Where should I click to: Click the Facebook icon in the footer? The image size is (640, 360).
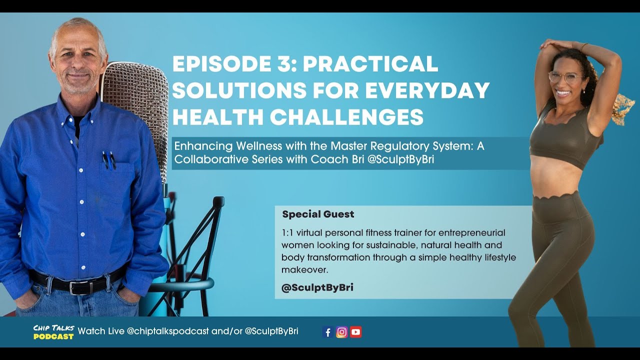pyautogui.click(x=328, y=332)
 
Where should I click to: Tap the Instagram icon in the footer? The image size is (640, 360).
pyautogui.click(x=342, y=332)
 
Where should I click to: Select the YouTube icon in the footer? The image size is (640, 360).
pyautogui.click(x=355, y=332)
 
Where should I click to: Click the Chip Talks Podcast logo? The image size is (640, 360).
pyautogui.click(x=53, y=332)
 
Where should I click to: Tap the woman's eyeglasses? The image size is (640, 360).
pyautogui.click(x=565, y=77)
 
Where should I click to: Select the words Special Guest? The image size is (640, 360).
pyautogui.click(x=318, y=214)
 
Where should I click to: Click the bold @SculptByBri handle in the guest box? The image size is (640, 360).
pyautogui.click(x=317, y=288)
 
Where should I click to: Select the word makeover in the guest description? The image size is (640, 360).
pyautogui.click(x=304, y=270)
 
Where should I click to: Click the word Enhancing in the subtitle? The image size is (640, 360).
pyautogui.click(x=197, y=146)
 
